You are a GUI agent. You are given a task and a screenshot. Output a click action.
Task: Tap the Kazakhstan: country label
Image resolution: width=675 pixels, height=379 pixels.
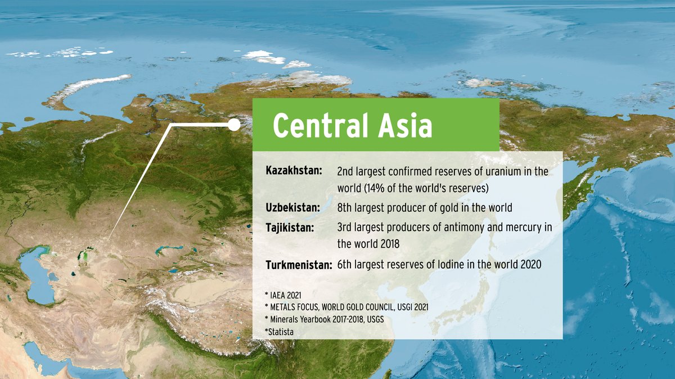294,170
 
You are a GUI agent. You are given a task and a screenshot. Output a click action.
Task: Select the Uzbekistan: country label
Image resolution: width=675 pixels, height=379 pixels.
292,208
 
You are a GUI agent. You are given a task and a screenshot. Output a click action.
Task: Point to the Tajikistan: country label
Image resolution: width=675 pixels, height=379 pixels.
290,227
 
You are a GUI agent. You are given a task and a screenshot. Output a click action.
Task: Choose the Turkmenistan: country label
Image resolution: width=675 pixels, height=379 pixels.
299,264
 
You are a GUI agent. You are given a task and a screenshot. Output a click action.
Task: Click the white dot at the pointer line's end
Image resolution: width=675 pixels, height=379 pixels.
233,125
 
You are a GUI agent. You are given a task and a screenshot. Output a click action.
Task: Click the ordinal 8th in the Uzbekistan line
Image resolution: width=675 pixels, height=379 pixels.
345,208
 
